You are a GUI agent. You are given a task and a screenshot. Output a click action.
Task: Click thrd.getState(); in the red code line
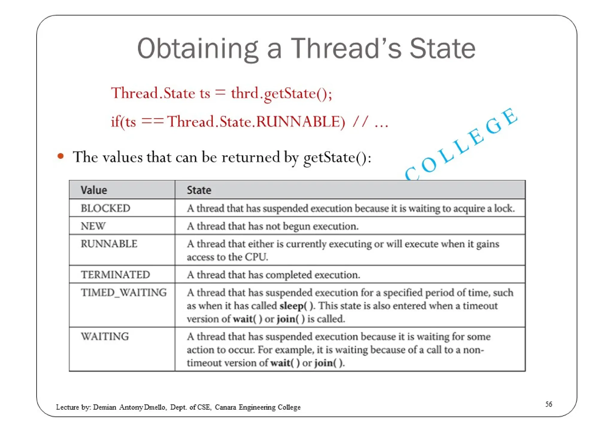coord(281,93)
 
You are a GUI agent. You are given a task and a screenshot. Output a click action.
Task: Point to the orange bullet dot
coord(61,156)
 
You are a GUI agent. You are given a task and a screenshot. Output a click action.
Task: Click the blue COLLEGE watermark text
coord(461,144)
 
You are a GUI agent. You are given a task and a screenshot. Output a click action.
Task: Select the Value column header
coord(94,190)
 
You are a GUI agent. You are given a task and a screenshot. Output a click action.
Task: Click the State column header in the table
coord(199,190)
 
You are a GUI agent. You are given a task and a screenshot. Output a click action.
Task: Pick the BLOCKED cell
coord(105,208)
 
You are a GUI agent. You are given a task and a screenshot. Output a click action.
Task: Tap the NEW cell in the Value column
coord(93,226)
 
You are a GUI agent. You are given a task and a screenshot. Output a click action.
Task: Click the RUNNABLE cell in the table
coord(109,244)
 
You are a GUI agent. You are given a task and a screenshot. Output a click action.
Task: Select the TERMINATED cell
coord(115,275)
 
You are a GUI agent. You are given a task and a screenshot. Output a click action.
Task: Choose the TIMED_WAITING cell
coord(124,292)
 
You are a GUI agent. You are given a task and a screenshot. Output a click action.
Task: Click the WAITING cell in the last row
coord(105,336)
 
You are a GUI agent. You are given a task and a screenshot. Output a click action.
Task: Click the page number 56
coord(548,404)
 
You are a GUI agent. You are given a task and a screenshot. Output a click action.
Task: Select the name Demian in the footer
coord(104,407)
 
